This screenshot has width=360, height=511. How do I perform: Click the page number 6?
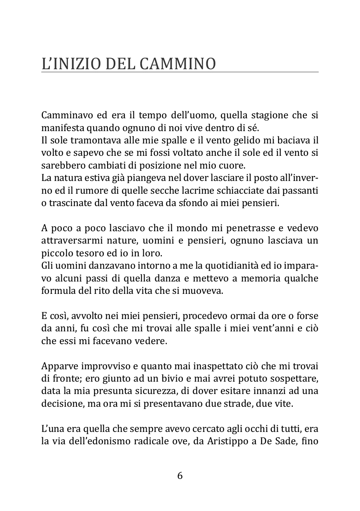[180, 476]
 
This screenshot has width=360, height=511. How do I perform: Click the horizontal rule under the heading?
[180, 73]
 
